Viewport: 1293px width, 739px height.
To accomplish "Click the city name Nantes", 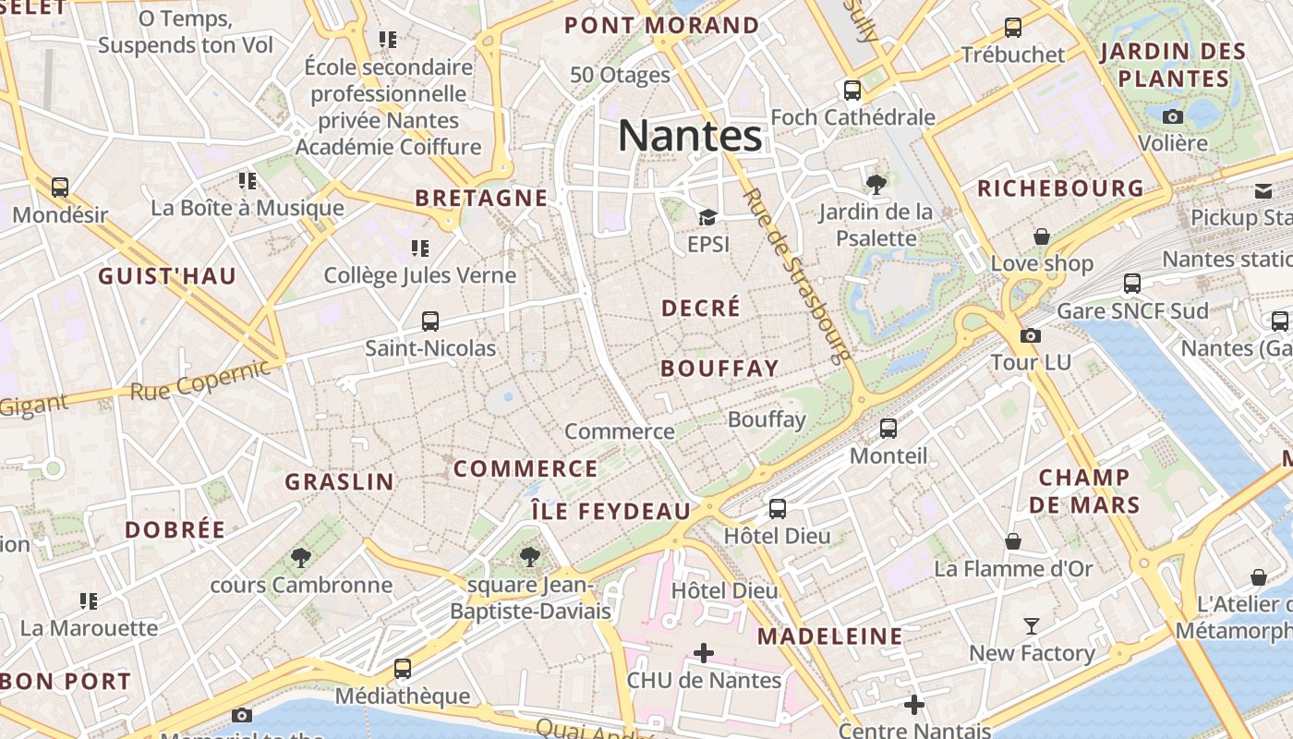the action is (690, 136).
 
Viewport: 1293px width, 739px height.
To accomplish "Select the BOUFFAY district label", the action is (719, 368).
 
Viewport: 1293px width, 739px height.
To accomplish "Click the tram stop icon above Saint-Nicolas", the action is (429, 321).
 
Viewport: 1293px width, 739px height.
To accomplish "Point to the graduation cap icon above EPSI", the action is (707, 217).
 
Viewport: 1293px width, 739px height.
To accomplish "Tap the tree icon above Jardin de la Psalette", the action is (876, 185).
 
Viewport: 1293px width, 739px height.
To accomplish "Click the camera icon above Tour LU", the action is (1031, 335).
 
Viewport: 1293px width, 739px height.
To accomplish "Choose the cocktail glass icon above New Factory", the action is (1031, 626).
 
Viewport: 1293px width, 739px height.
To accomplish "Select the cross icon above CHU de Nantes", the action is (704, 653).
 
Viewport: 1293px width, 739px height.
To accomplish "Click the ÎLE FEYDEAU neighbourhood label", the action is (610, 511).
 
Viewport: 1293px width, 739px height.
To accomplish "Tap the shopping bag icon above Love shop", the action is (1042, 236).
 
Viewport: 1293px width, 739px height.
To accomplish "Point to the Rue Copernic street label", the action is (199, 381).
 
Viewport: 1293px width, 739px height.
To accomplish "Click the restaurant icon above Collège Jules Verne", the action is (420, 248).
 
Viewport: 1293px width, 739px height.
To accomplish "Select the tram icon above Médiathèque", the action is (402, 668).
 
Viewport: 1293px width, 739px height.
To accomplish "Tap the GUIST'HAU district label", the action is (167, 275).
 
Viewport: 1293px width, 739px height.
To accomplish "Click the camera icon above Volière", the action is (1173, 116).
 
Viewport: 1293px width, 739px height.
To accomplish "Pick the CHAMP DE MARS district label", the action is (1084, 491).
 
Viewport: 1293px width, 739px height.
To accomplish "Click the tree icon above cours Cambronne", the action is (300, 557).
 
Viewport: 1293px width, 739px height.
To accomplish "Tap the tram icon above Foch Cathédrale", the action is (852, 91).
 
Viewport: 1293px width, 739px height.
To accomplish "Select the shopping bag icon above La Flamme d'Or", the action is (1013, 541).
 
